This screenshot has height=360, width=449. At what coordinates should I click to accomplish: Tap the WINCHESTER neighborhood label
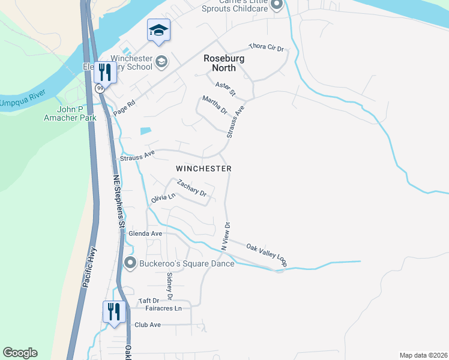tap(203, 169)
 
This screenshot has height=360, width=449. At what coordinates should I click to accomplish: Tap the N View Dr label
tap(226, 235)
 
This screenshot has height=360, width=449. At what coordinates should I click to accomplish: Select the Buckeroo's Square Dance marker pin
tap(130, 263)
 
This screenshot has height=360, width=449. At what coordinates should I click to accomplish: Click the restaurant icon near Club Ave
tap(112, 311)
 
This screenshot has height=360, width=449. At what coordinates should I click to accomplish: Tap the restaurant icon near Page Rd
tap(106, 72)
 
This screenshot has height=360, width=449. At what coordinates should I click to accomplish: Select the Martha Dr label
tap(214, 106)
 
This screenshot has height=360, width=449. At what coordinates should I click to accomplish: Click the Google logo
tap(20, 353)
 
